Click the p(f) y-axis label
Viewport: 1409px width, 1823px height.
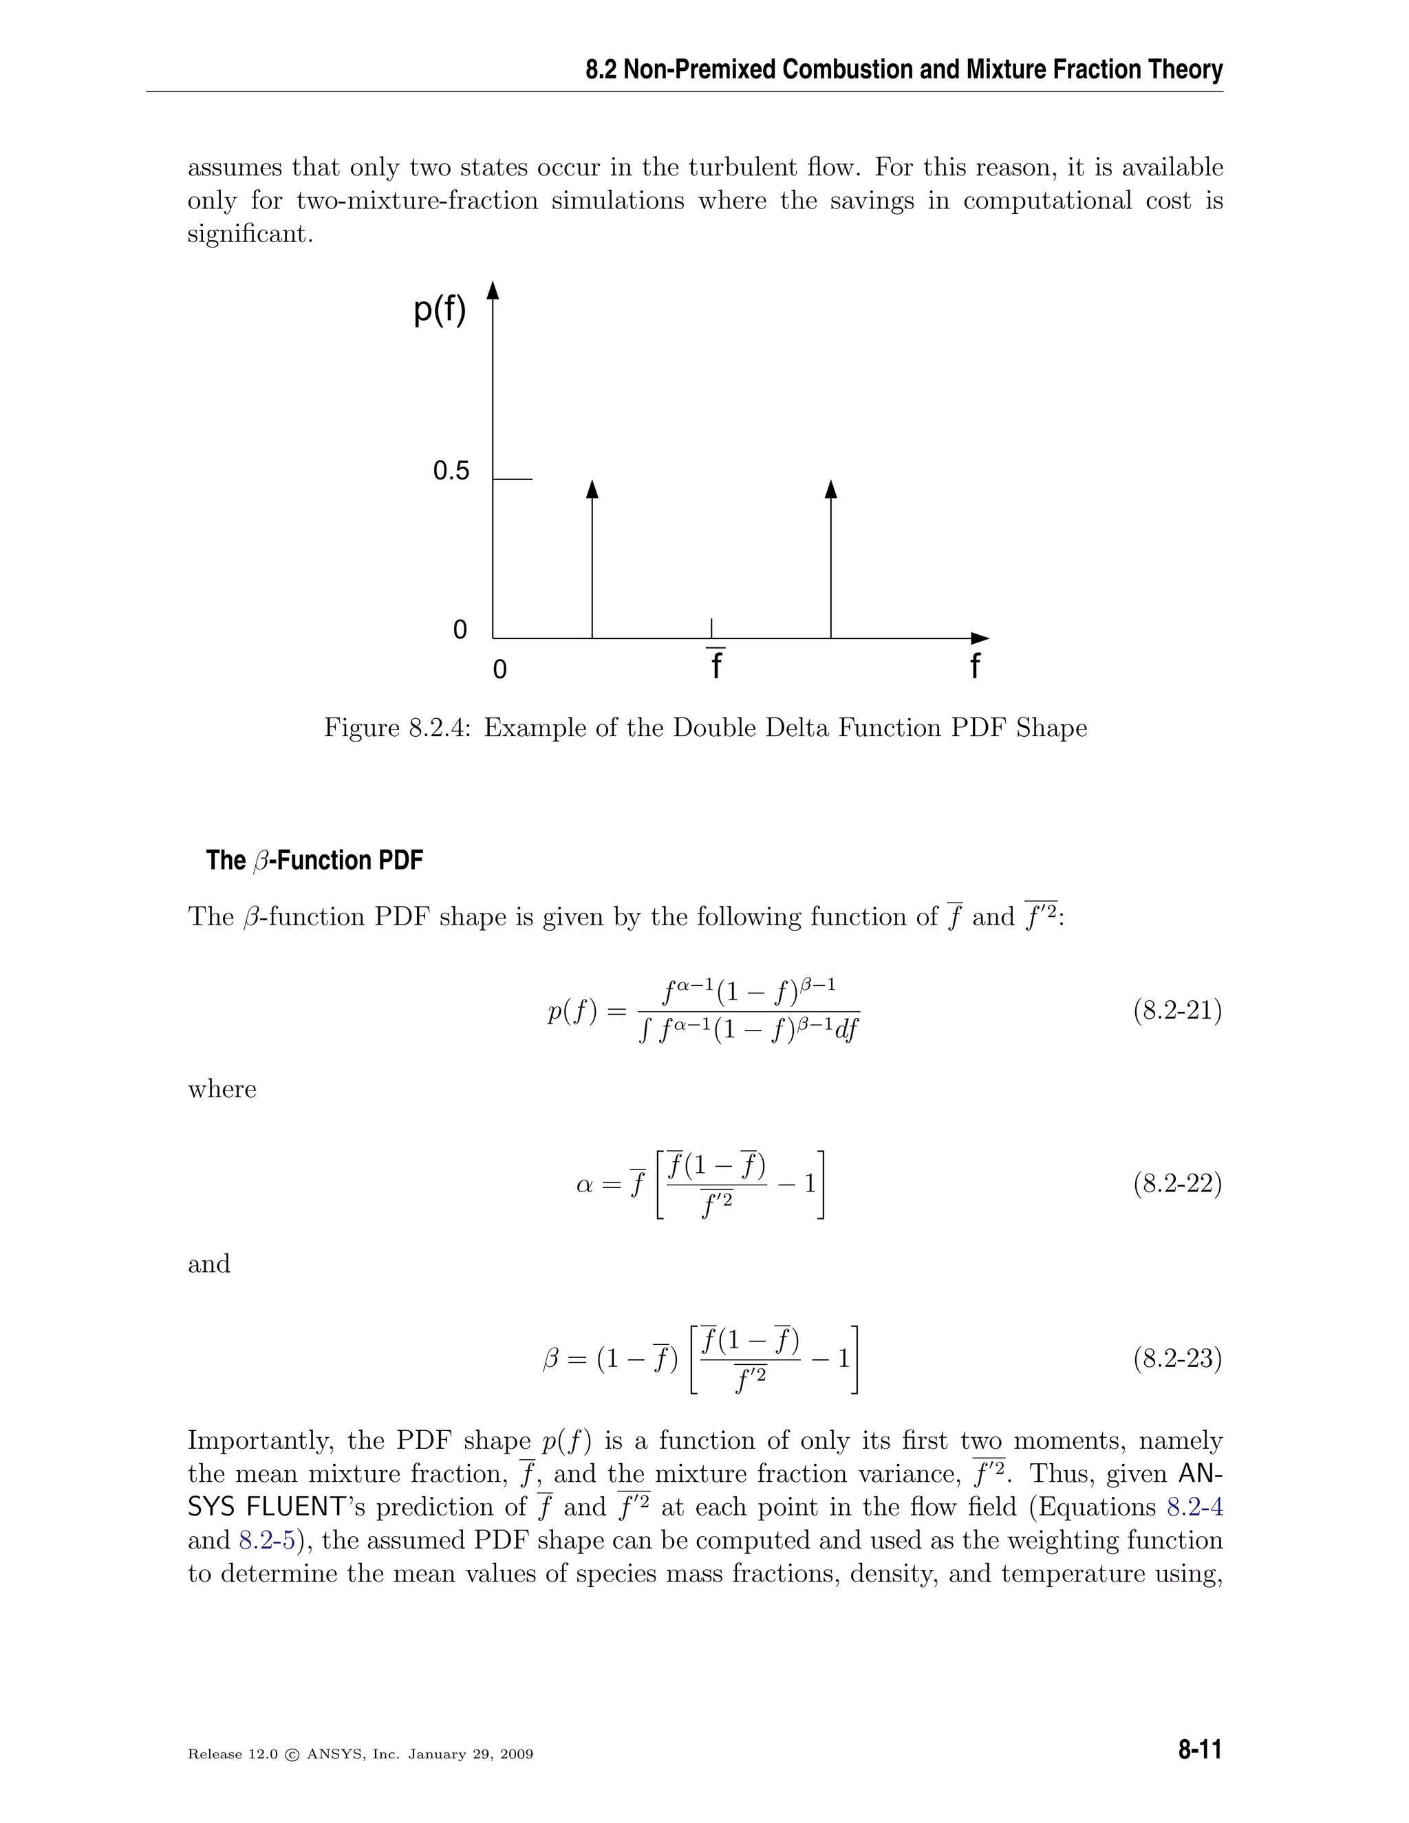coord(440,310)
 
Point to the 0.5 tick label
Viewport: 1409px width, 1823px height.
coord(451,472)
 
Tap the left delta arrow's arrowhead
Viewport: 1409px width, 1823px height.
coord(592,489)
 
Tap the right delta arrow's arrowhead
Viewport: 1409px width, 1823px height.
coord(830,489)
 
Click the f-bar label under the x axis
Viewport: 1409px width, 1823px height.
coord(716,665)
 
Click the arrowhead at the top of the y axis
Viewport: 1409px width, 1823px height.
coord(493,290)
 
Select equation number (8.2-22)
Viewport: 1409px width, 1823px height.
coord(1177,1184)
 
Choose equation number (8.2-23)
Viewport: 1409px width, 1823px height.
coord(1177,1359)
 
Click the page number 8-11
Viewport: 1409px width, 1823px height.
coord(1199,1749)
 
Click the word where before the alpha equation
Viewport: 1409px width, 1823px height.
coord(222,1089)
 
